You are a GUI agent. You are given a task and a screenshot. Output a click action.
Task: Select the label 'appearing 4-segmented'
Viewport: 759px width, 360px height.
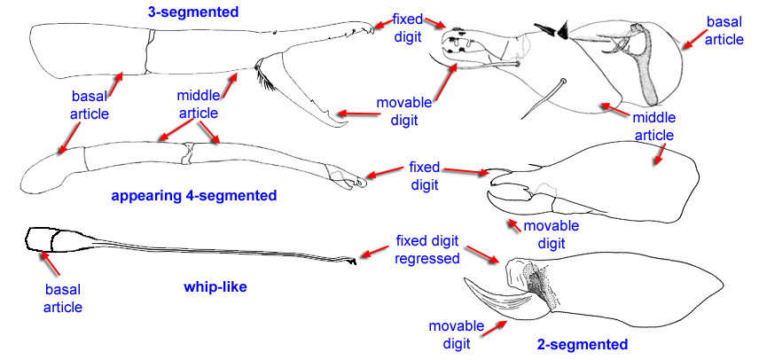point(194,195)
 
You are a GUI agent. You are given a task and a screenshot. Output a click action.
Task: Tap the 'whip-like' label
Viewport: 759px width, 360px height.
point(215,287)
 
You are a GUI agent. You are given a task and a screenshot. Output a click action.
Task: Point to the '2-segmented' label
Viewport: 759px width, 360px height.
point(583,344)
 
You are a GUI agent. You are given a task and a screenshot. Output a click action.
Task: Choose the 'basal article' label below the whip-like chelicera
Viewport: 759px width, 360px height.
point(64,298)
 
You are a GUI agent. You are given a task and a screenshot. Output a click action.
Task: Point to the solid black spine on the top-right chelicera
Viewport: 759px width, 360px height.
point(556,33)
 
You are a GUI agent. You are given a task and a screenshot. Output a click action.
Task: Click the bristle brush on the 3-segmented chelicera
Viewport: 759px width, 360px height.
point(265,80)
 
